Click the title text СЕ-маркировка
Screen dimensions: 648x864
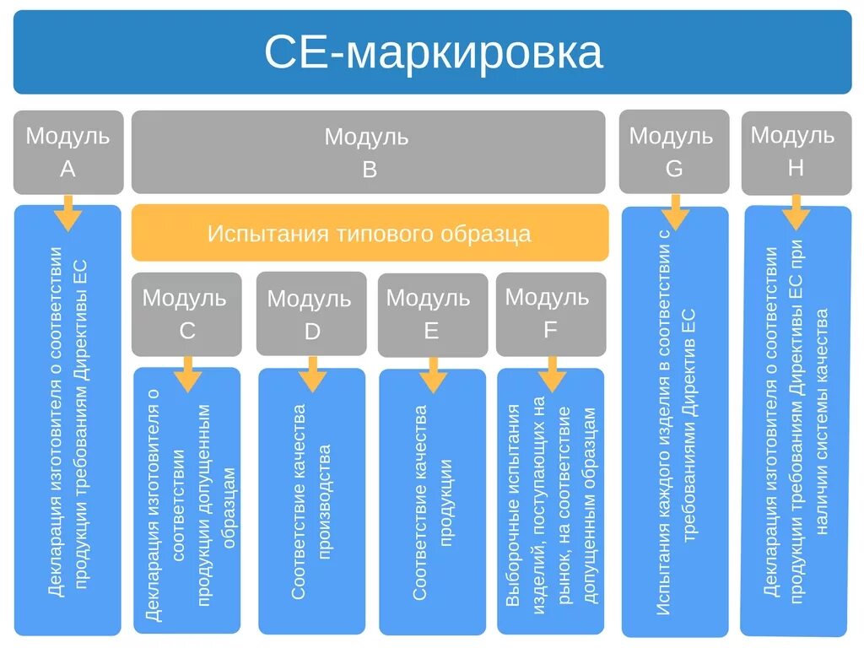[x=433, y=52]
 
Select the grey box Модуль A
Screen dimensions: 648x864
[x=67, y=152]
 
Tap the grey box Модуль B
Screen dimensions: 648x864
[x=368, y=152]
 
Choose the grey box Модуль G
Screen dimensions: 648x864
[x=673, y=152]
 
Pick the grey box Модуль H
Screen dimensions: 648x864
[x=795, y=152]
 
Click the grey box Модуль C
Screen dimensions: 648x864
[x=186, y=313]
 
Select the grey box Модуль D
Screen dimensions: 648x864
[x=311, y=314]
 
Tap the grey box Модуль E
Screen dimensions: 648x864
[x=431, y=314]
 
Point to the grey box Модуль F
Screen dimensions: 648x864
[x=550, y=313]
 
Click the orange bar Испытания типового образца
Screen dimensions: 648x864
[x=370, y=233]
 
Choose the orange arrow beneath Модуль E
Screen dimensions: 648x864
[x=433, y=375]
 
